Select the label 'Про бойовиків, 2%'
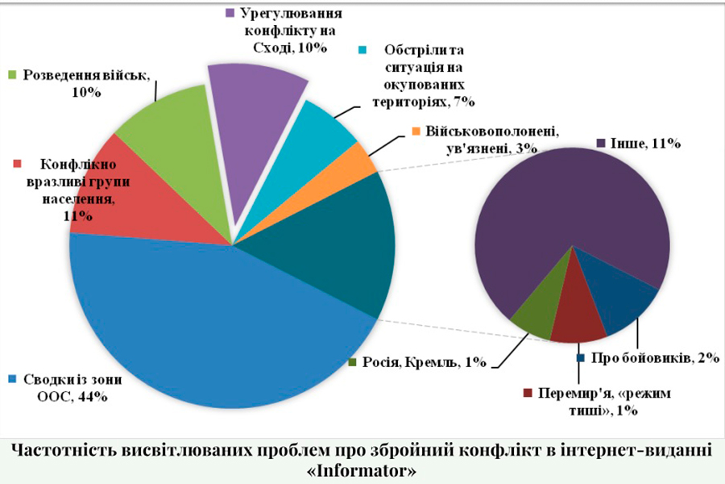(652, 357)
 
